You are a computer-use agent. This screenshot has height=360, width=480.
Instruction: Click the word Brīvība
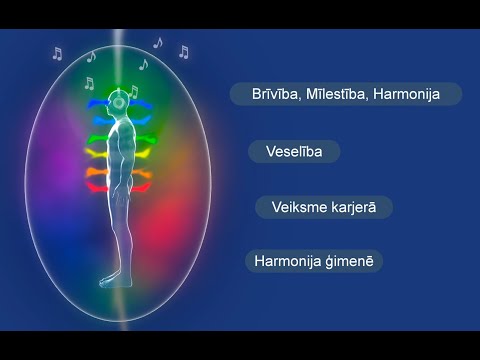pyautogui.click(x=264, y=94)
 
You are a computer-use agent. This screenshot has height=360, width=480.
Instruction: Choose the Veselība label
pyautogui.click(x=293, y=152)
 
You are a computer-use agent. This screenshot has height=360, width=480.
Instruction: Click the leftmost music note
pyautogui.click(x=56, y=54)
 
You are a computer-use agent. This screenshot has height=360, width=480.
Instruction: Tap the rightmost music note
pyautogui.click(x=183, y=52)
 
